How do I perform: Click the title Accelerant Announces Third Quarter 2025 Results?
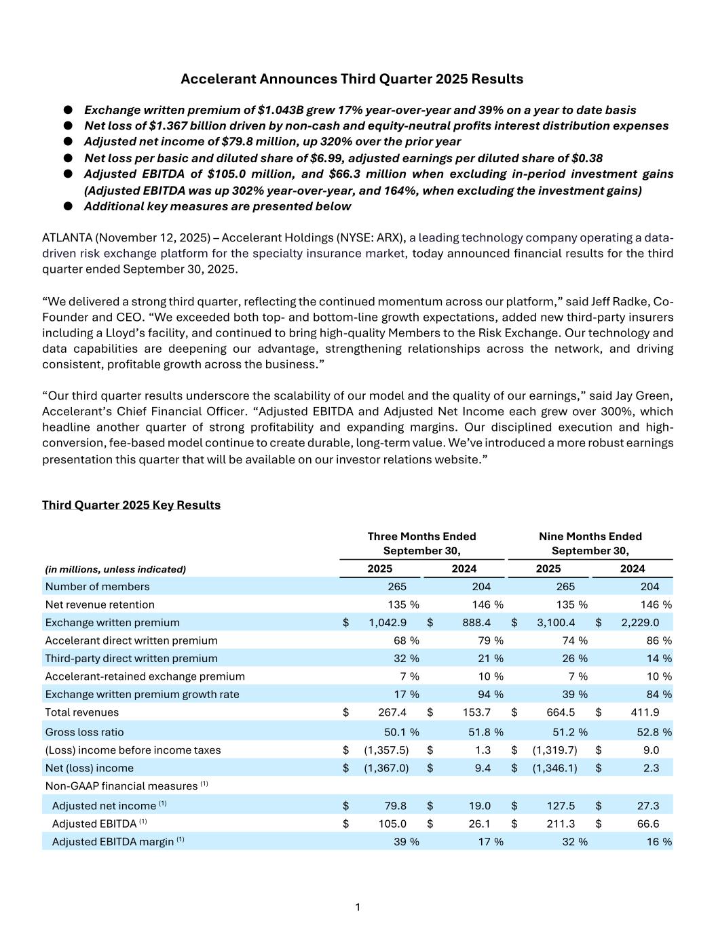(x=352, y=79)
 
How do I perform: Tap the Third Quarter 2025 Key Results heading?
(x=131, y=505)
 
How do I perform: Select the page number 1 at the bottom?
(x=358, y=907)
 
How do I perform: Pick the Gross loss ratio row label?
(x=84, y=732)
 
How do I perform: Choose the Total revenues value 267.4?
(x=392, y=712)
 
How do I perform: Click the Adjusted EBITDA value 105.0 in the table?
(x=392, y=824)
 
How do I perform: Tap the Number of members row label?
(x=97, y=586)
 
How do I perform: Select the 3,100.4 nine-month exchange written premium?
(x=556, y=623)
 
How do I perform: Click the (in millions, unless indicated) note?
(x=115, y=569)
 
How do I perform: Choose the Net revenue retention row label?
(x=100, y=604)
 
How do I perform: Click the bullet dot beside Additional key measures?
(x=68, y=206)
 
